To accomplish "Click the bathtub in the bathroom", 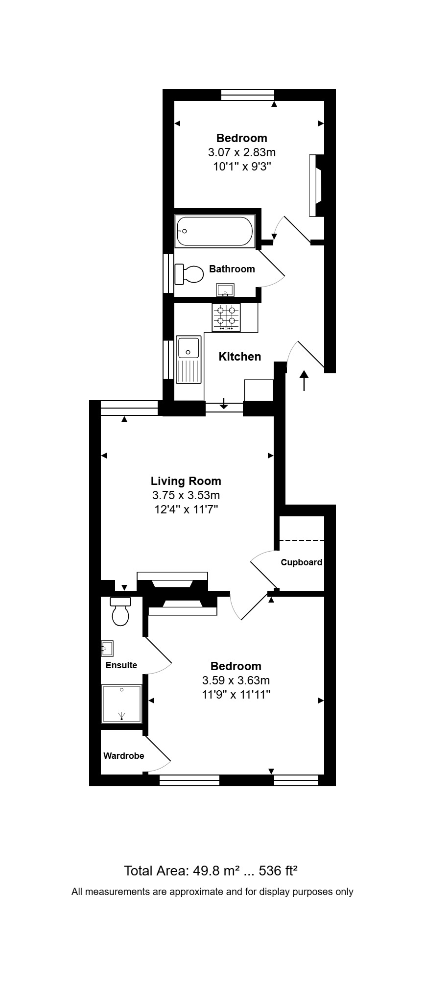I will coord(214,231).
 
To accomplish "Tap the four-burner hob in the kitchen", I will coord(226,316).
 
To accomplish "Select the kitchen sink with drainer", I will coord(189,359).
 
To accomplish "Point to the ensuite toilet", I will coord(120,612).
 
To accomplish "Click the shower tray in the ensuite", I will coord(121,703).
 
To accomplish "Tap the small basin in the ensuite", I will coord(107,648).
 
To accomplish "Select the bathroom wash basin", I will coord(225,290).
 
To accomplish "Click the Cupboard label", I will coord(301,562).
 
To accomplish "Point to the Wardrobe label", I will coord(123,756).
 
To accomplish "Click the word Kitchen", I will coord(239,357).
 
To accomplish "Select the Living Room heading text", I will coord(186,481).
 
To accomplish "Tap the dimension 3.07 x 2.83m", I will coord(241,152).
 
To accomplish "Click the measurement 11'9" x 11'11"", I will coord(236,694).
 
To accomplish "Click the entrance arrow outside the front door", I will coord(304,381).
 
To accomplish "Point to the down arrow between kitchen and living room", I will coord(224,403).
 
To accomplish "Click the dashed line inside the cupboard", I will coord(302,540).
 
